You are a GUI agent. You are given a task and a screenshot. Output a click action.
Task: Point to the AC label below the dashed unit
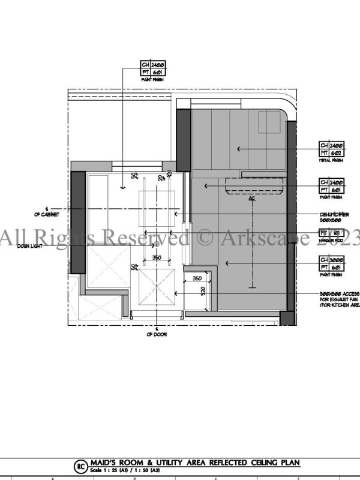coord(252,197)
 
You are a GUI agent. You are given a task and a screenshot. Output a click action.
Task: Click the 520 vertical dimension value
coord(203,290)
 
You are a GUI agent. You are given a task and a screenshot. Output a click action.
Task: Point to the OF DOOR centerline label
coord(157,334)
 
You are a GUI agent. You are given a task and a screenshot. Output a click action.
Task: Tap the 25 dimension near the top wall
coord(169,173)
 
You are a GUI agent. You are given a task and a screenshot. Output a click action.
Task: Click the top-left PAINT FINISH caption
coord(153,79)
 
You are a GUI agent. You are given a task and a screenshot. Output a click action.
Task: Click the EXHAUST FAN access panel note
coord(340,299)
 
